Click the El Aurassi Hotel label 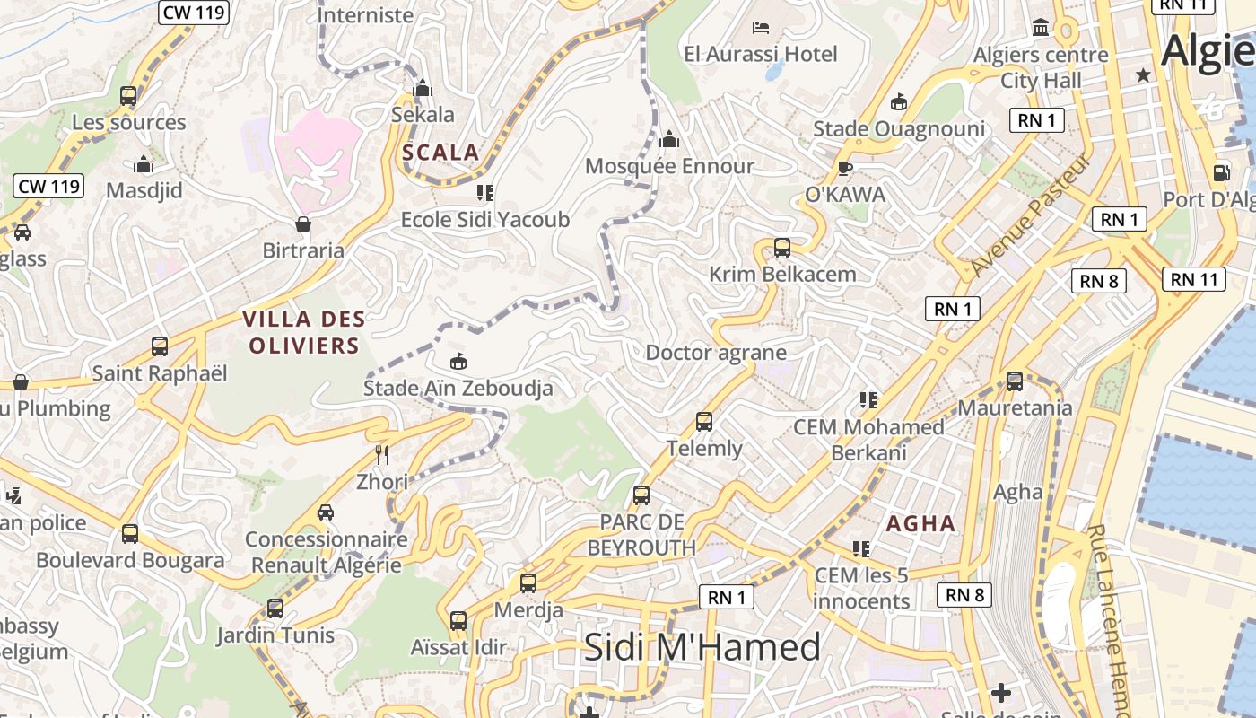pos(760,54)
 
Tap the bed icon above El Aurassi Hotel pos(761,28)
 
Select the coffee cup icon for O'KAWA pos(844,167)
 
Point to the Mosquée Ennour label pos(669,166)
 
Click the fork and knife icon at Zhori pos(382,454)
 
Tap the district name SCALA pos(440,152)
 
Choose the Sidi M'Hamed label pos(702,647)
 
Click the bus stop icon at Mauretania pos(1015,381)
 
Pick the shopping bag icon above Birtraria pos(303,223)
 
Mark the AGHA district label pos(920,523)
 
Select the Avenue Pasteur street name pos(1031,215)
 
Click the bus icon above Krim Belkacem pos(782,247)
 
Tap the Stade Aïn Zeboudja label pos(458,388)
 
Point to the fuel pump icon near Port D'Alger pos(1221,172)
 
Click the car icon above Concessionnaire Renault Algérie pos(326,512)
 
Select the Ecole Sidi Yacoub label pos(484,219)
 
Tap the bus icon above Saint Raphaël pos(160,346)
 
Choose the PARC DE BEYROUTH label pos(641,535)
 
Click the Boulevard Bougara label pos(130,560)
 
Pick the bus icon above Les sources pos(128,95)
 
